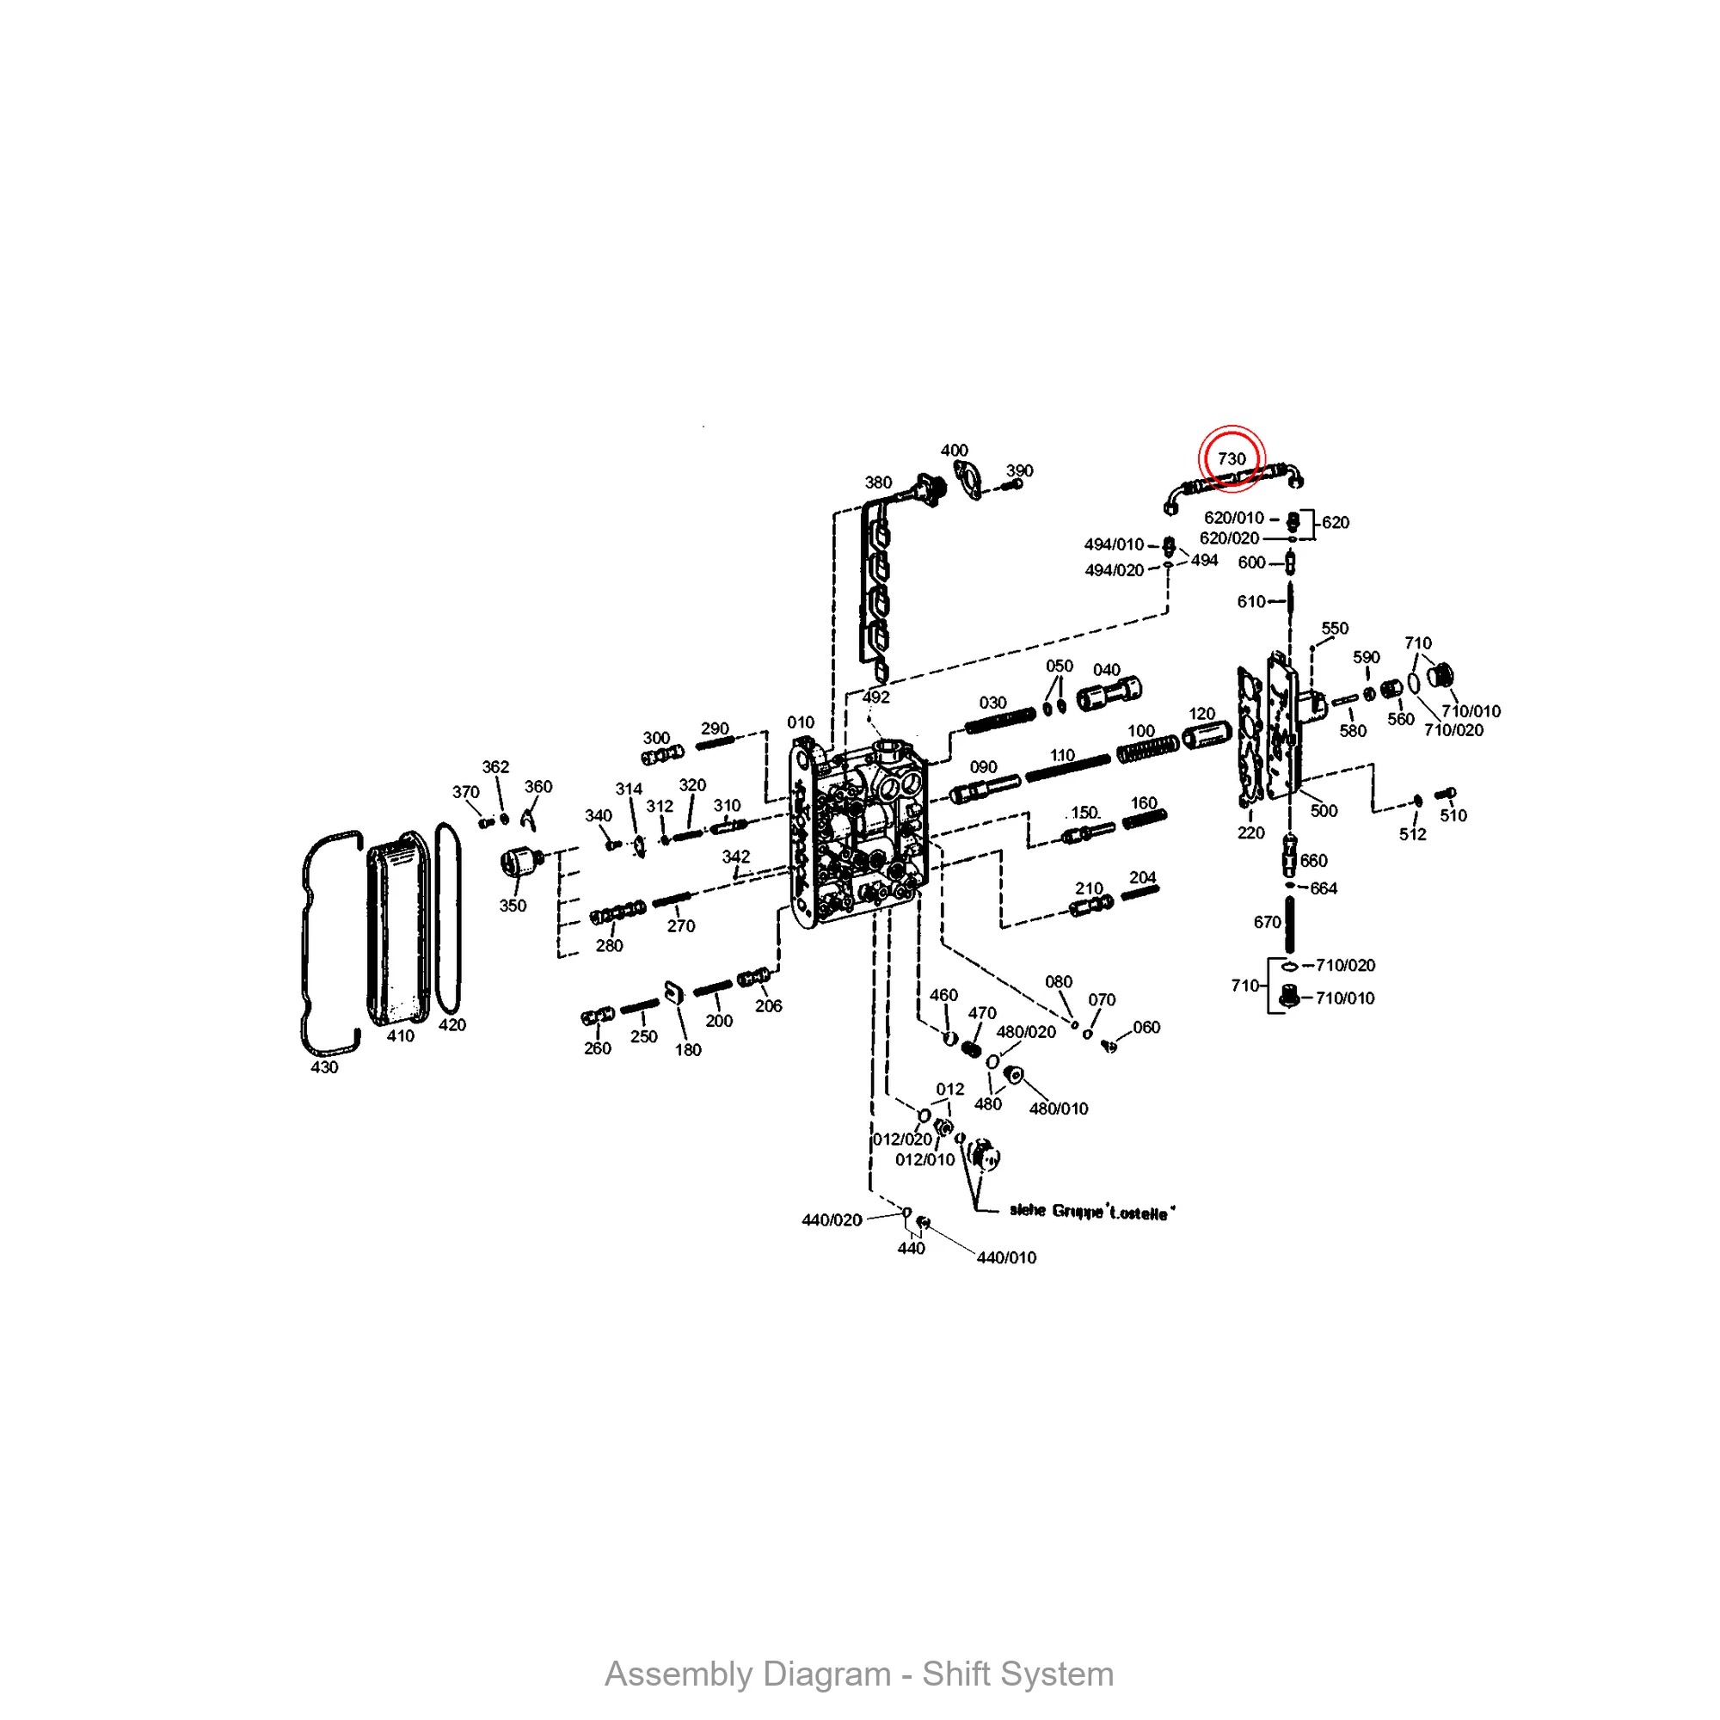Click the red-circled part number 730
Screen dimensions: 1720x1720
coord(1232,458)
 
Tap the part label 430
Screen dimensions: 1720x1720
coord(324,1066)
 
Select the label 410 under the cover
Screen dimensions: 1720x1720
coord(401,1035)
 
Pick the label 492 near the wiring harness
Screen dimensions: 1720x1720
coord(876,697)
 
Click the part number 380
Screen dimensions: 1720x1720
coord(878,482)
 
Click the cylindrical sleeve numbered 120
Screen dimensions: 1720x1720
coord(1207,735)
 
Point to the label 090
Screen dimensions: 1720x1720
coord(983,767)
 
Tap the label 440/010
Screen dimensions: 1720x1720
coord(1006,1258)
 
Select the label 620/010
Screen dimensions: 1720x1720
coord(1234,517)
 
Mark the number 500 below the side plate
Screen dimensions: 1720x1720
coord(1324,810)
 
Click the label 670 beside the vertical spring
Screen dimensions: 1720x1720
coord(1267,922)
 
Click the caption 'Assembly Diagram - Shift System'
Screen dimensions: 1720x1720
coord(859,1674)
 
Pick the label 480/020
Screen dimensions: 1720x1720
coord(1026,1032)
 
